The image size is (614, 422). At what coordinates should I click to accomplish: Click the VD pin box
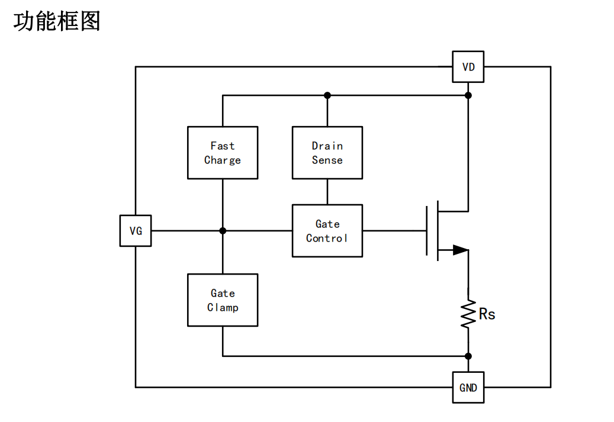[x=468, y=67]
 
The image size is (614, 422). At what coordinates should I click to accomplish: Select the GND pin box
[x=468, y=388]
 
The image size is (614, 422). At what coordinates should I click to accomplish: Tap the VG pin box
[x=136, y=231]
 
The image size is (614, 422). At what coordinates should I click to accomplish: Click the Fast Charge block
[x=223, y=153]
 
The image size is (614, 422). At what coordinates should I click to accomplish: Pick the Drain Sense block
[x=327, y=153]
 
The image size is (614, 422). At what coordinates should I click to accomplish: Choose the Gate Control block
[x=327, y=231]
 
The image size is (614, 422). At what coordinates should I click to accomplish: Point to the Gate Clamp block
[x=223, y=300]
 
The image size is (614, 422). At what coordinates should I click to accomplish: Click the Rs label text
[x=487, y=314]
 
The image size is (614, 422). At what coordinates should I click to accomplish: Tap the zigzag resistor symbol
[x=468, y=314]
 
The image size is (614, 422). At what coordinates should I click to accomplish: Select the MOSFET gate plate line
[x=427, y=231]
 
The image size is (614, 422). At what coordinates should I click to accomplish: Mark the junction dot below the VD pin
[x=468, y=95]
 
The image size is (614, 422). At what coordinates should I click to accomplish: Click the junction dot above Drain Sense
[x=327, y=95]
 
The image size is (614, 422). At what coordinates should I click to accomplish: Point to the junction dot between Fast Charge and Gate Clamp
[x=223, y=231]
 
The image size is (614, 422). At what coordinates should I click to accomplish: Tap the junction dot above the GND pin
[x=468, y=356]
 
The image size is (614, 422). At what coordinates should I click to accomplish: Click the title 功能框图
[x=57, y=22]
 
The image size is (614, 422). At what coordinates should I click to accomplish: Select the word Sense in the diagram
[x=327, y=160]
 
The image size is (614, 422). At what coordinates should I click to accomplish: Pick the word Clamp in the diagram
[x=223, y=308]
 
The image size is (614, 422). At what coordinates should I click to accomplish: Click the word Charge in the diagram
[x=223, y=160]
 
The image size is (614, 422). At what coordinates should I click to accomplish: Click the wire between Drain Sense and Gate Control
[x=327, y=192]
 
